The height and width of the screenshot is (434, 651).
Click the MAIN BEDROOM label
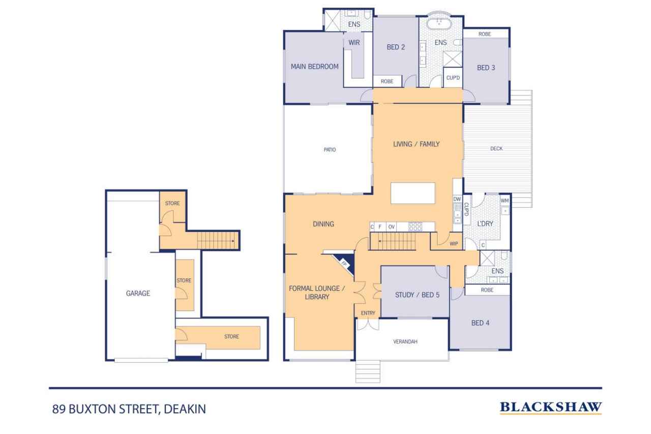(314, 66)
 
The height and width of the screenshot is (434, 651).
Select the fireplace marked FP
(344, 263)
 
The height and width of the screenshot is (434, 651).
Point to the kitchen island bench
(413, 193)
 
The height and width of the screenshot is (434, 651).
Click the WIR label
(354, 43)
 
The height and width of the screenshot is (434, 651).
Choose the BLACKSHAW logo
(551, 407)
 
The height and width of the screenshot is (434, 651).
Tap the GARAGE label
(138, 293)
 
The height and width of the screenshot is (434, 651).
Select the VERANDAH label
(405, 342)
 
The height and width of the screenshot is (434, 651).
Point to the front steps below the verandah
(368, 371)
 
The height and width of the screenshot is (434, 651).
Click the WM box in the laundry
(505, 200)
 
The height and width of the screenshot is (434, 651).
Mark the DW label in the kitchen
(457, 199)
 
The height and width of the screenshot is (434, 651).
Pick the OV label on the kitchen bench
(391, 226)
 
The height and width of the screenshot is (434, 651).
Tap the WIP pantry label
(454, 244)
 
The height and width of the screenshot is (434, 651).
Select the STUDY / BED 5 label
(417, 294)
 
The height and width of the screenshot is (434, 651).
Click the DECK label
(496, 149)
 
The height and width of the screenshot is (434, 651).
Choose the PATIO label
(330, 150)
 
